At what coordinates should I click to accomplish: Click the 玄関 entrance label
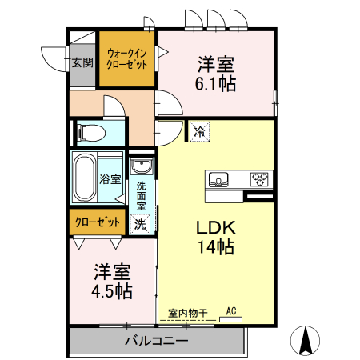pos(82,62)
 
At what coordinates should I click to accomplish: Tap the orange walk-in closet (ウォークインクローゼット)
pos(126,58)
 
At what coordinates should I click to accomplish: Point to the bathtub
pos(83,178)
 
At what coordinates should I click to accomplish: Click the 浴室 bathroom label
pos(110,179)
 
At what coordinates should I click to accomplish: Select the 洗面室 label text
pos(141,196)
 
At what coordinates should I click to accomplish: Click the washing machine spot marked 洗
pos(140,224)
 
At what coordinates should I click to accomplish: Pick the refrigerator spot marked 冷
pos(198,128)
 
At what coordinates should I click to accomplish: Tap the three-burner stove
pos(260,178)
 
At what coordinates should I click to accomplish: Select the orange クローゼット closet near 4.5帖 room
pos(98,222)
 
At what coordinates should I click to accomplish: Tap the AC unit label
pos(231,310)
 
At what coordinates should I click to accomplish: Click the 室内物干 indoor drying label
pos(188,313)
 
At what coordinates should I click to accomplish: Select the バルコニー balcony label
pos(156,342)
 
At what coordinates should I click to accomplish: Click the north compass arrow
pos(306,341)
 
